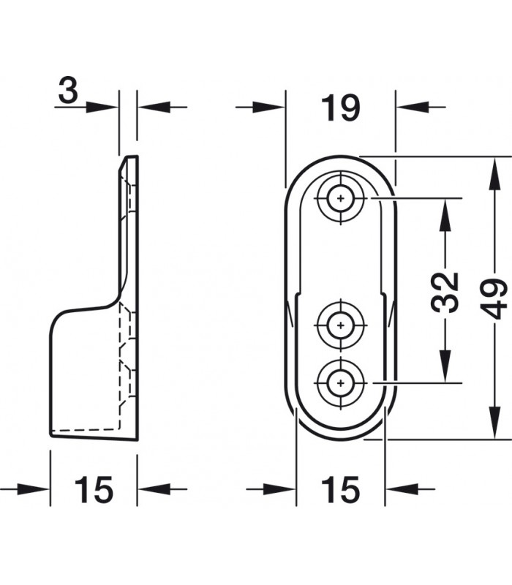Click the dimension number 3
point(68,91)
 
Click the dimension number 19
point(341,107)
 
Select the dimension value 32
point(445,292)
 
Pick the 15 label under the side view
point(94,489)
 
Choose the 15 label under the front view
point(340,489)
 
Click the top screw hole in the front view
point(340,198)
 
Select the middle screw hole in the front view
point(340,325)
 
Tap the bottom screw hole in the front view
point(340,382)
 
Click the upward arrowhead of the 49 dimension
point(494,173)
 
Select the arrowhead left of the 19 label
point(268,107)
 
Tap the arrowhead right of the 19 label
point(413,107)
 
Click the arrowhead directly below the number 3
point(102,107)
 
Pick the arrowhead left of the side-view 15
point(33,489)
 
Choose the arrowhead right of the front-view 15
point(402,489)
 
